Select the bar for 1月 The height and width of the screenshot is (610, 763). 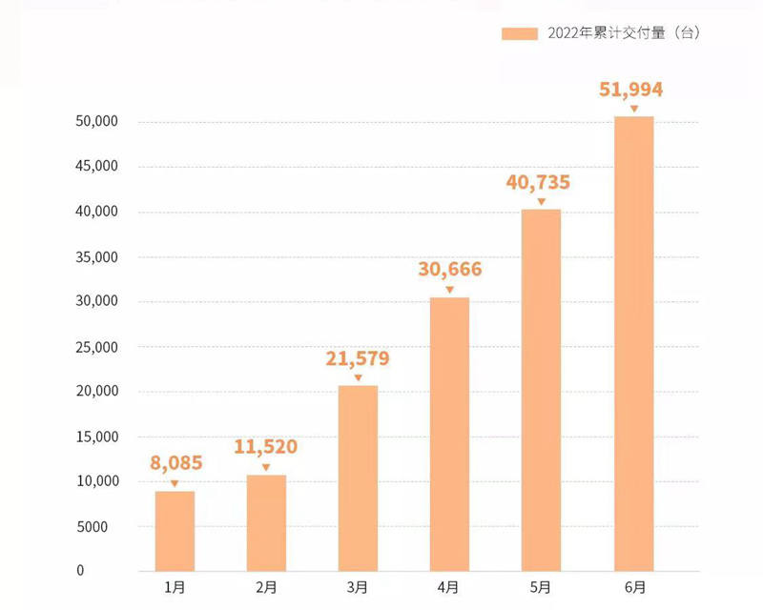point(175,531)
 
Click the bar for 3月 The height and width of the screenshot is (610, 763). point(358,478)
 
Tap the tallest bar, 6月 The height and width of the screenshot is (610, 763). point(633,343)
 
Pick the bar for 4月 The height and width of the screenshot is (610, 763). point(449,434)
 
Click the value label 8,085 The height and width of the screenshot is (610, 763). point(175,464)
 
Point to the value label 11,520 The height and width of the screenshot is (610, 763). point(265,447)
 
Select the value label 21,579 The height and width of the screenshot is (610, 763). point(358,358)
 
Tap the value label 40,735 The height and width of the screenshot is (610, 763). point(541,182)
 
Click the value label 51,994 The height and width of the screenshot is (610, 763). point(630,90)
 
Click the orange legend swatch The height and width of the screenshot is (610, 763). point(520,33)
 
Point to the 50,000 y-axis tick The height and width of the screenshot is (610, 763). point(95,122)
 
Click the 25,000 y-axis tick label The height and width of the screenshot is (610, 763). point(95,347)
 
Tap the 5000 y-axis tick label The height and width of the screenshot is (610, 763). point(99,526)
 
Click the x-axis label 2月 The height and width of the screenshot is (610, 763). point(266,588)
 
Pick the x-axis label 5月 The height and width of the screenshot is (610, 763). point(541,588)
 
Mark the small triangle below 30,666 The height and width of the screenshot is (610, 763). point(449,290)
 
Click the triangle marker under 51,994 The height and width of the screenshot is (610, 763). point(633,109)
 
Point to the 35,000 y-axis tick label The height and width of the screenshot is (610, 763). point(95,257)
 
